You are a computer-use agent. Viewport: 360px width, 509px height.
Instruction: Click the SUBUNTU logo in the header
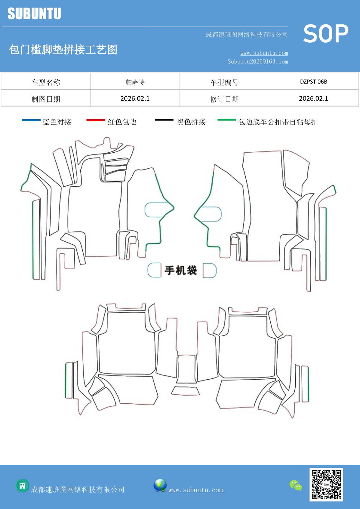[x=34, y=14]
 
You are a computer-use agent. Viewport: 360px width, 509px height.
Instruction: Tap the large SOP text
[x=326, y=34]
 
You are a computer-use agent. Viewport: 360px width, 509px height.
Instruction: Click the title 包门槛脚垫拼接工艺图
[x=63, y=50]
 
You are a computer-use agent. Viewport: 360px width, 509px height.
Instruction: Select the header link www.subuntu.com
[x=264, y=53]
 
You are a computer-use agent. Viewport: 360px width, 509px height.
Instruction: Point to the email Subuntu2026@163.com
[x=258, y=62]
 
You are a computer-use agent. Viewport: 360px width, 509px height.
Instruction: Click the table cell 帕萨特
[x=135, y=82]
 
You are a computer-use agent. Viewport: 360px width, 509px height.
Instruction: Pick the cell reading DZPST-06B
[x=313, y=82]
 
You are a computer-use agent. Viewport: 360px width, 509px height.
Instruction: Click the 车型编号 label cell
[x=224, y=82]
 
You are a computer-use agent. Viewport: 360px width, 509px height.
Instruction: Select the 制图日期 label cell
[x=46, y=99]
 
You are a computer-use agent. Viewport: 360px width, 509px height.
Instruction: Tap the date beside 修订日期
[x=313, y=99]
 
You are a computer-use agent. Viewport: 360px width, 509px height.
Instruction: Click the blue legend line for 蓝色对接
[x=31, y=120]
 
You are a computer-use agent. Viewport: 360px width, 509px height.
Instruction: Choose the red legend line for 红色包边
[x=96, y=120]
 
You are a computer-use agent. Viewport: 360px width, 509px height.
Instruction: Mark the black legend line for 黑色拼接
[x=164, y=120]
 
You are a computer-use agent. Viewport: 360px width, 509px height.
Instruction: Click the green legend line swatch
[x=227, y=120]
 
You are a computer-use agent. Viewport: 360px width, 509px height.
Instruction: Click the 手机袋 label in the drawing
[x=181, y=270]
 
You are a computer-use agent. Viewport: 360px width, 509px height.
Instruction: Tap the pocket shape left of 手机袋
[x=154, y=270]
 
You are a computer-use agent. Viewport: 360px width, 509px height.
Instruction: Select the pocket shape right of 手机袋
[x=209, y=270]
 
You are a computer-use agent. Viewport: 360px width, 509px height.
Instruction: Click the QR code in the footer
[x=326, y=484]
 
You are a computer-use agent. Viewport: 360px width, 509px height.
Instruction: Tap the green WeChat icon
[x=296, y=485]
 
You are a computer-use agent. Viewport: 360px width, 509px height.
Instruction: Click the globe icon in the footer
[x=160, y=485]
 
